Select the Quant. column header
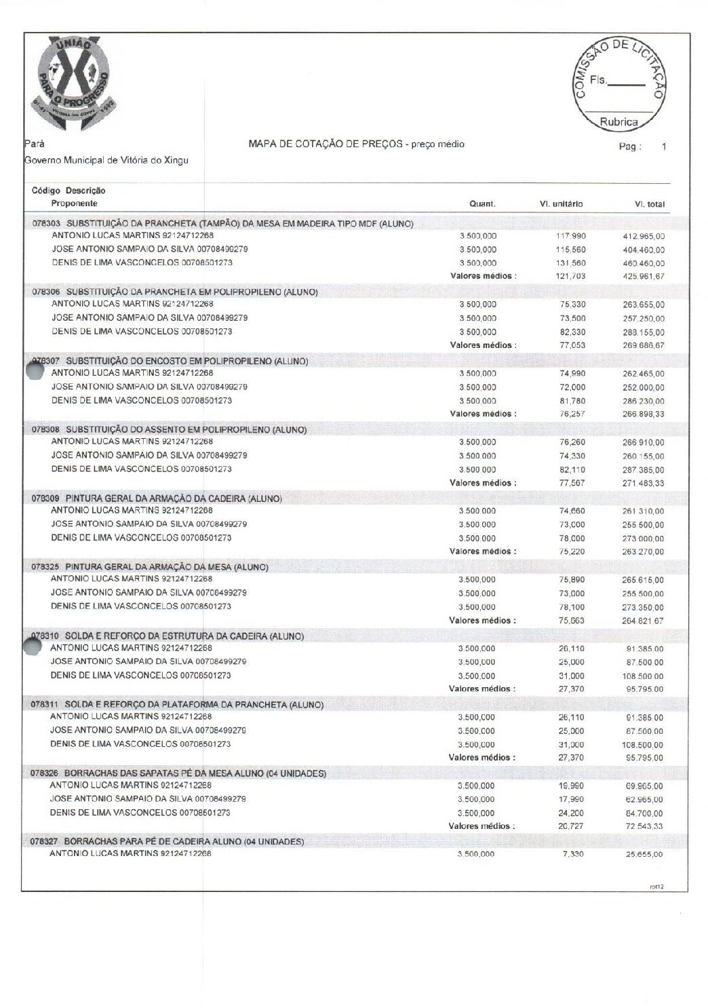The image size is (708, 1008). coord(482,203)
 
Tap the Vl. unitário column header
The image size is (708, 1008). coord(561,203)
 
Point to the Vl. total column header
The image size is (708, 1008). coord(649,203)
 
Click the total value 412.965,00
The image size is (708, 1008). coord(644,236)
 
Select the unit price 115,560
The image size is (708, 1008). coord(570,250)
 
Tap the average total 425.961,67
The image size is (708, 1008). coord(644,276)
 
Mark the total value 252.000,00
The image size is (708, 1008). coord(644,387)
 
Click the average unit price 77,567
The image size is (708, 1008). coord(572,483)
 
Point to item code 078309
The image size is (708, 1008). coord(45,499)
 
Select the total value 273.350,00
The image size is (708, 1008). coord(643,607)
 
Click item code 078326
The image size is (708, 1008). coord(44,773)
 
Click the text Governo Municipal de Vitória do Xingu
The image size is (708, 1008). coord(106,160)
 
